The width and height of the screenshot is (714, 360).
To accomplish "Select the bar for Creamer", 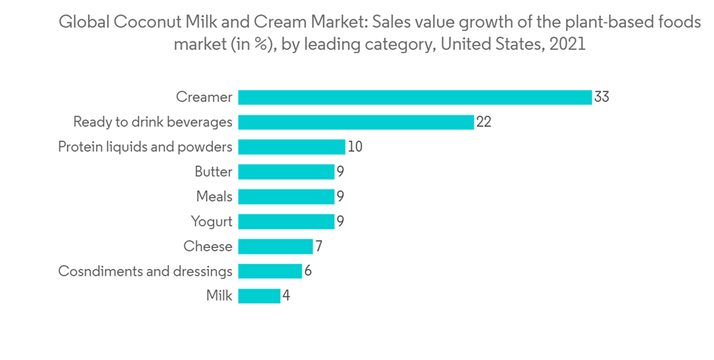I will (415, 97).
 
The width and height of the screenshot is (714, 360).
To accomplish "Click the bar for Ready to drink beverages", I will (356, 122).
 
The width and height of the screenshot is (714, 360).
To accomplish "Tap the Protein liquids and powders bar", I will (291, 147).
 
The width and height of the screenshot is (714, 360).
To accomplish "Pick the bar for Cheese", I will (275, 246).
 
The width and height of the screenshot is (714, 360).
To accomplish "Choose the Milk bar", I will (259, 296).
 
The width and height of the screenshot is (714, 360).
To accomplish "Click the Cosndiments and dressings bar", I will (270, 271).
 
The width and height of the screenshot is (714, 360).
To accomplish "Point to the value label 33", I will (601, 97).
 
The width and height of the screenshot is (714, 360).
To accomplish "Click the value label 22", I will (483, 122).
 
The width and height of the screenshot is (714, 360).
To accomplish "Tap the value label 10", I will (355, 147).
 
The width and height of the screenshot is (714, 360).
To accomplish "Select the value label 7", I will (319, 246).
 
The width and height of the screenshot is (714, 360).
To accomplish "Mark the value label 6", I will (308, 271).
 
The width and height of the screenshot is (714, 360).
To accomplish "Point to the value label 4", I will (286, 296).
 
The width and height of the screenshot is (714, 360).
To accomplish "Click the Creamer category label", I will (204, 97).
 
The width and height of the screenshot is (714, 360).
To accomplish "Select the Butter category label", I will (213, 172).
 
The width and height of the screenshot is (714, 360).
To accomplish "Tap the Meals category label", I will (214, 196).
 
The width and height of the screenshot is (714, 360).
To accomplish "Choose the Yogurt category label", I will (211, 221).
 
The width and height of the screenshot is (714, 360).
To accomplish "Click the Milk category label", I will (219, 296).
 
